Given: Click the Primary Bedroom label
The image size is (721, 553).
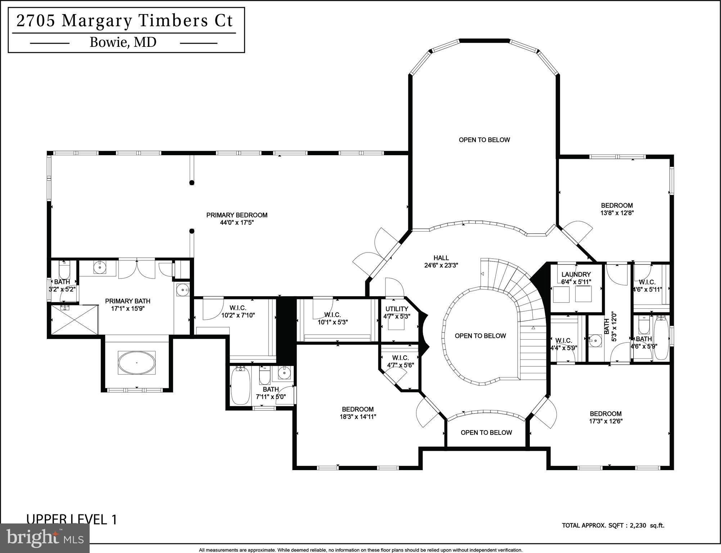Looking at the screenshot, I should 236,215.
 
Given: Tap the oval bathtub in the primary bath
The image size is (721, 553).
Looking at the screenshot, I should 137,362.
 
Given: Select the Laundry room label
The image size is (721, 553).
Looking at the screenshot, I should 576,275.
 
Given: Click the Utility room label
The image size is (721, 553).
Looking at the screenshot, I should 397,309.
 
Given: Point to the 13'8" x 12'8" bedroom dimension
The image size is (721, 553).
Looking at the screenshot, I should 617,213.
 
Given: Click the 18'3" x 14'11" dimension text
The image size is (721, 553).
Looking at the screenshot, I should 358,417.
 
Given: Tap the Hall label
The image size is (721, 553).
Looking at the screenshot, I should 441,258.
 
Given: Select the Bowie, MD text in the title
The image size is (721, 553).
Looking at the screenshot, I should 123,43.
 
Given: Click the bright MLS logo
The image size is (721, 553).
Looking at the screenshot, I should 45,538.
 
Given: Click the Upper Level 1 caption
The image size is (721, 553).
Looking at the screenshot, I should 72,519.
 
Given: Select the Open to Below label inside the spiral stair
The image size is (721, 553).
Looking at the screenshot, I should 480,336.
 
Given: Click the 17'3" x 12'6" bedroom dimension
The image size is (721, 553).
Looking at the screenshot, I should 605,421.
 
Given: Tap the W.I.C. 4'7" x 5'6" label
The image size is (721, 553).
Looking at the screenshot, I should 400,358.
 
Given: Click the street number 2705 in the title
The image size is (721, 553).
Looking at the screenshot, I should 35,21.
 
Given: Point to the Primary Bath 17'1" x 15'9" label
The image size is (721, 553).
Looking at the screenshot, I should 127,301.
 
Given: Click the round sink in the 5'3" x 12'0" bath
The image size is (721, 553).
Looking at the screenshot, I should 596,339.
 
